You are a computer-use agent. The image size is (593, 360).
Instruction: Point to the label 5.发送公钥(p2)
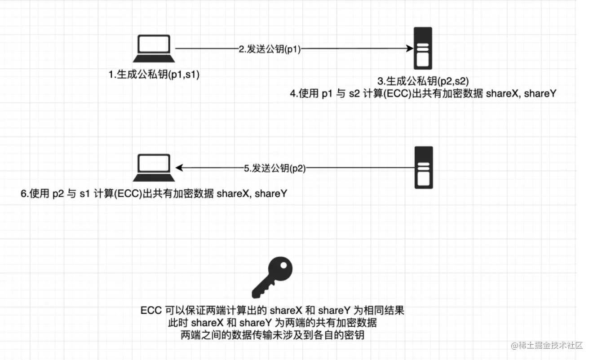click(x=274, y=168)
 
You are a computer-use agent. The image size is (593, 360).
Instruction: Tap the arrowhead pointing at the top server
click(x=410, y=48)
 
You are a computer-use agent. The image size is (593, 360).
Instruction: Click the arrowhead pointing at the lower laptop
click(x=179, y=168)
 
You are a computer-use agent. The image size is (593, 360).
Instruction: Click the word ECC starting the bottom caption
click(x=150, y=311)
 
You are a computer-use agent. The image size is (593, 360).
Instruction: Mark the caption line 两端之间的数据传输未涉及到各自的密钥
click(x=272, y=335)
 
